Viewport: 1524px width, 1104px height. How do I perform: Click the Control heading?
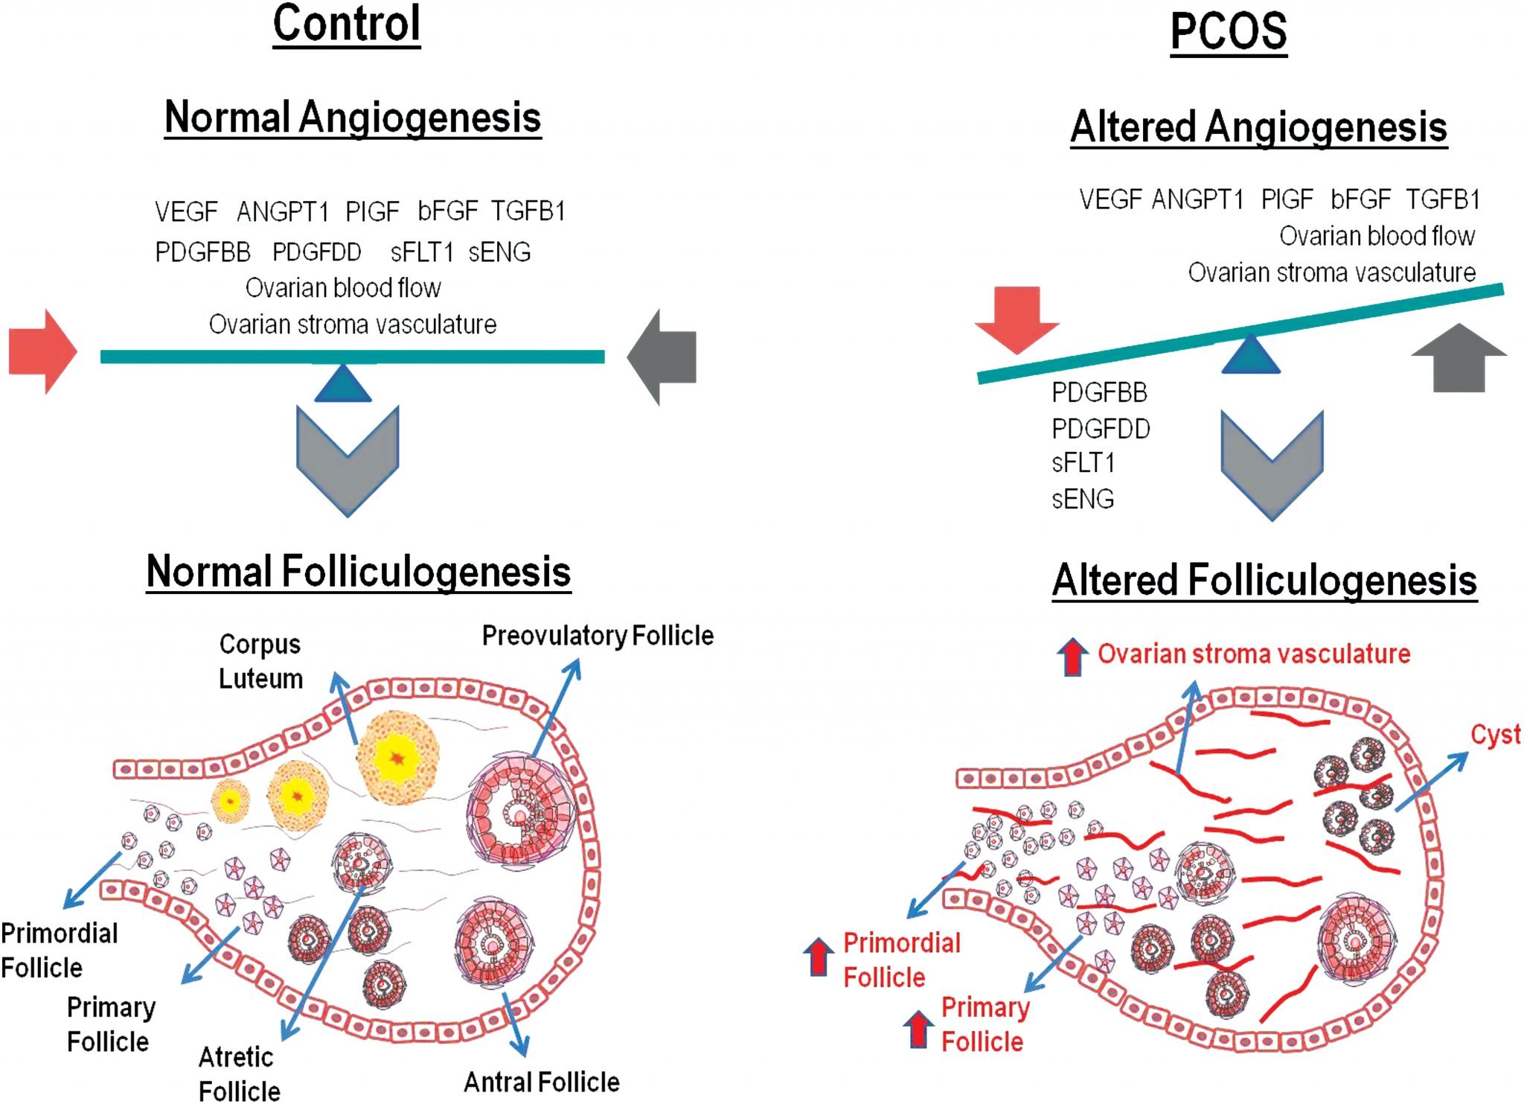(x=347, y=25)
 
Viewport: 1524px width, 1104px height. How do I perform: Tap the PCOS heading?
(x=1229, y=32)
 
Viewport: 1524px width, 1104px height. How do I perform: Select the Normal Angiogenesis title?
(x=353, y=118)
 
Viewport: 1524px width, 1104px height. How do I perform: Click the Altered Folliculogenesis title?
(x=1264, y=581)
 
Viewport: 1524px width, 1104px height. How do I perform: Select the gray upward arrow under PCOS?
(x=1459, y=359)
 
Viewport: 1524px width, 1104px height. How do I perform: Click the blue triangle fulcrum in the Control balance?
(x=343, y=384)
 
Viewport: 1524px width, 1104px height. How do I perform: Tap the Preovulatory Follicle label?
(x=598, y=636)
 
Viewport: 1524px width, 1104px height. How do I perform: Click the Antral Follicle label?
(x=542, y=1082)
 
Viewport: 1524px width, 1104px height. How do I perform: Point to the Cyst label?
(x=1495, y=735)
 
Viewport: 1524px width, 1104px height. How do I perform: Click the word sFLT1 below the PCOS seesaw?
(x=1083, y=463)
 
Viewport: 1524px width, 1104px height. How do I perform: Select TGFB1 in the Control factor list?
(x=528, y=211)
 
